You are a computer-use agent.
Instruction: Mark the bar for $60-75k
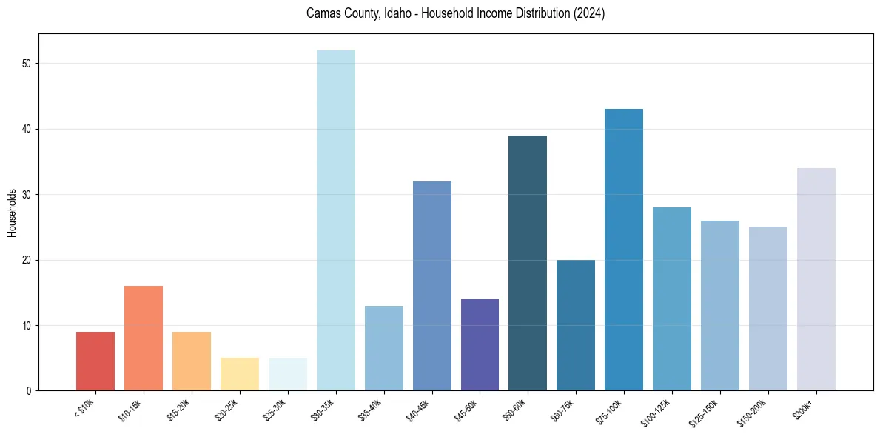click(576, 325)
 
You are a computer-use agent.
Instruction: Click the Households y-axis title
click(12, 212)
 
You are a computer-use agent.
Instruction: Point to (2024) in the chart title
click(589, 13)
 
